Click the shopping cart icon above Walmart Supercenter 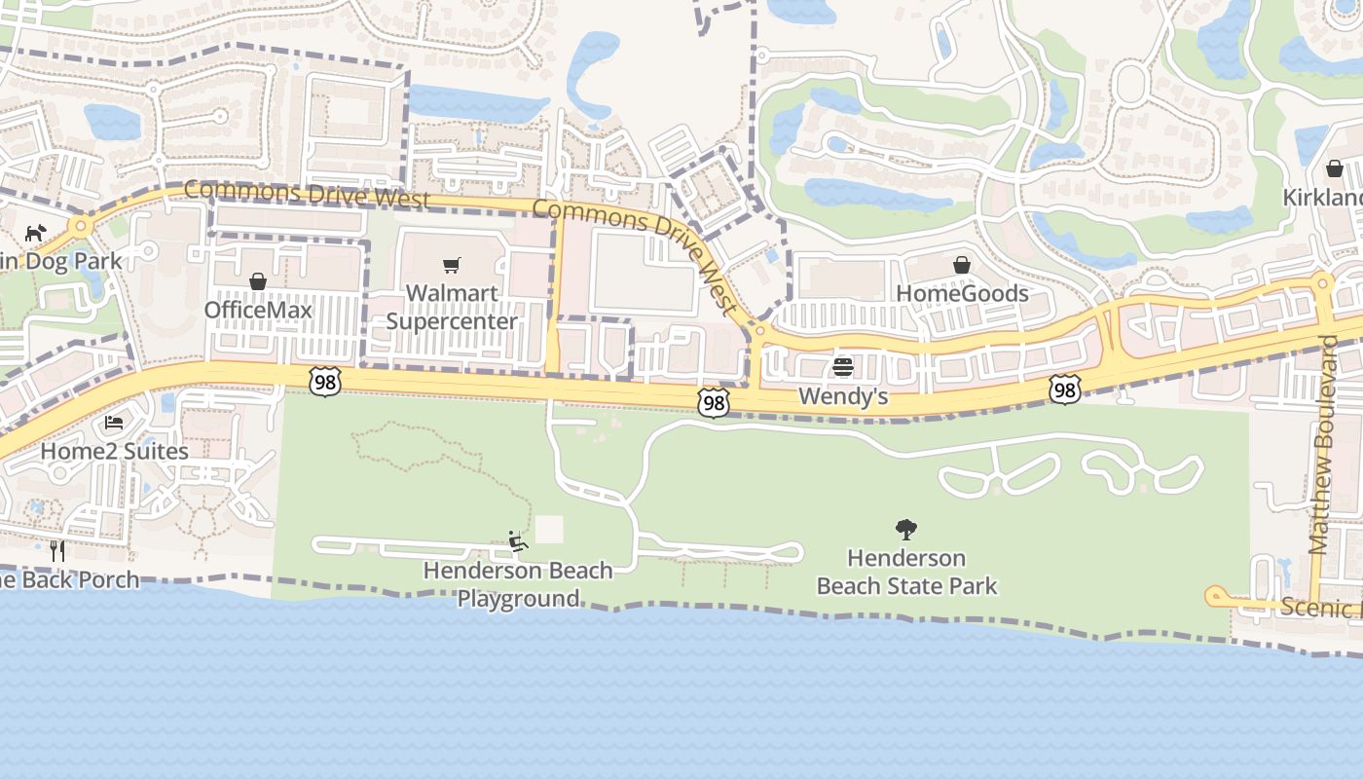451,265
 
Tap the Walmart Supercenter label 452,307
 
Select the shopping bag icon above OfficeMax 258,281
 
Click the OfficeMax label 258,310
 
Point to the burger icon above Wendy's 843,367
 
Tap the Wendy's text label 843,396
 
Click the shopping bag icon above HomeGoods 962,265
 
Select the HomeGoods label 962,293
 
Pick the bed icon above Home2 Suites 114,423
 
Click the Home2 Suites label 114,451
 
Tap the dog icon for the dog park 35,233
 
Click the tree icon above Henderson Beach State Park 906,530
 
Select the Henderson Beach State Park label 906,572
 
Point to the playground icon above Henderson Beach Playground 518,541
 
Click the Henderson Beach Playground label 518,584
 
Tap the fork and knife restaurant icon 57,551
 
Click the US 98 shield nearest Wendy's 714,402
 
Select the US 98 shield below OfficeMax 325,383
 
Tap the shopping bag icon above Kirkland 1335,168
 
